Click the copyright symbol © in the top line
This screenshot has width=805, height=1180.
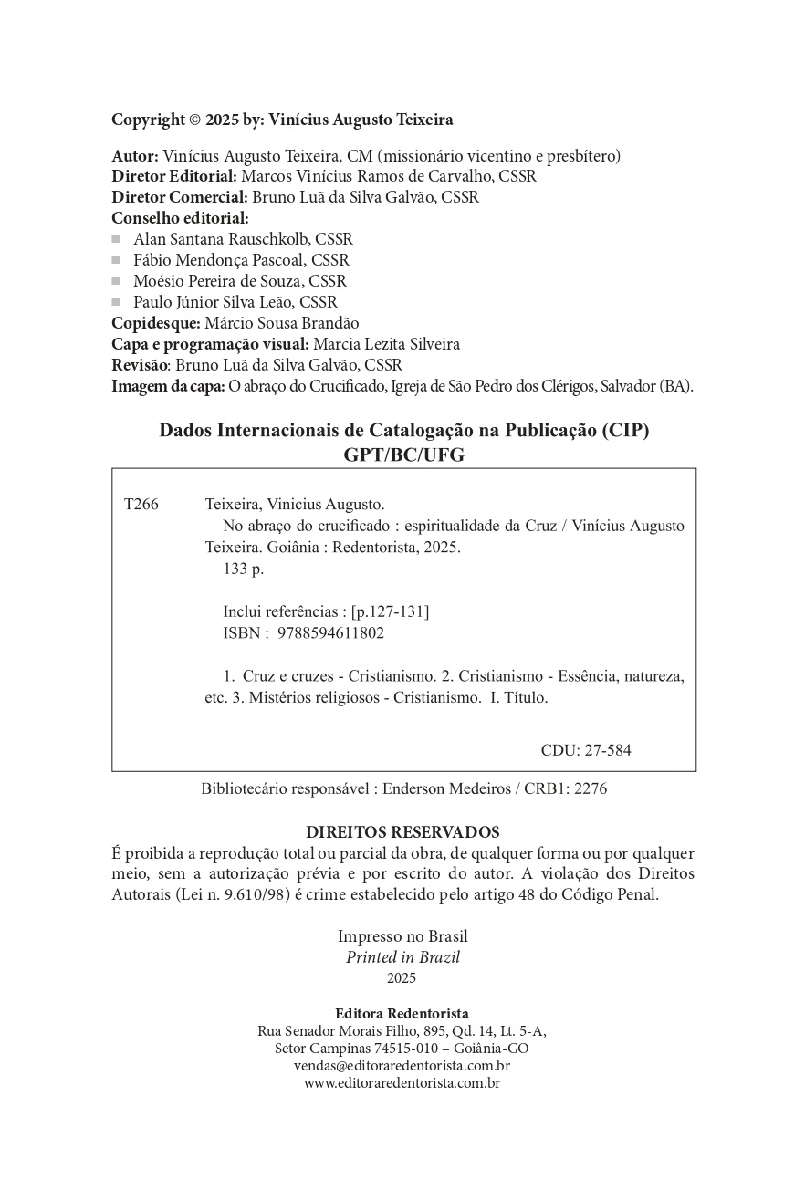tap(195, 120)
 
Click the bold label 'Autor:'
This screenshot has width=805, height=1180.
tap(135, 156)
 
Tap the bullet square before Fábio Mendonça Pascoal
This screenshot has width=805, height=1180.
tap(117, 260)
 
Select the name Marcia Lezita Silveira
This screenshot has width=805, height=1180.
tap(387, 344)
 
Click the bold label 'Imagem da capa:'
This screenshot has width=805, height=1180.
tap(168, 386)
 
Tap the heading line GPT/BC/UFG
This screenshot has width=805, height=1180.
tap(402, 455)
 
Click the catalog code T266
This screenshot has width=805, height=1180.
tap(141, 505)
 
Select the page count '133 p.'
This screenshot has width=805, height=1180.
tap(243, 569)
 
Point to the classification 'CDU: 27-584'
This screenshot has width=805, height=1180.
tap(586, 750)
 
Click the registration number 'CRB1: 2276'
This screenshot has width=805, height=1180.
tap(566, 789)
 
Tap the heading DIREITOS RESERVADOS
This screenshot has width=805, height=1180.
tap(402, 832)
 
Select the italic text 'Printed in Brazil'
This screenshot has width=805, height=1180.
tap(402, 957)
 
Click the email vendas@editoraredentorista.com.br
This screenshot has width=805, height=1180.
tap(402, 1066)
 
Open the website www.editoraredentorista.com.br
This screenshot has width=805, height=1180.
tap(402, 1083)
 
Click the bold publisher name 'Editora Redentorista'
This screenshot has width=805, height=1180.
tap(402, 1013)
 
